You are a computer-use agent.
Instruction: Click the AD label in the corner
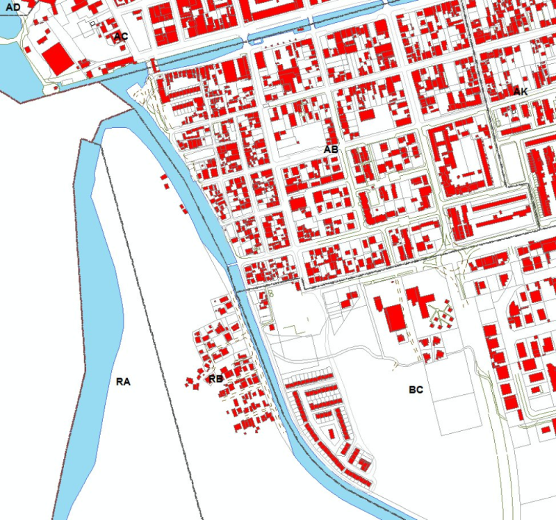[13, 6]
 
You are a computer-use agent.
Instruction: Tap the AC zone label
[121, 36]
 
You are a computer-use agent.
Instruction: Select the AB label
[331, 149]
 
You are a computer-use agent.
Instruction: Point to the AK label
[521, 92]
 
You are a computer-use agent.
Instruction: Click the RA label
[124, 382]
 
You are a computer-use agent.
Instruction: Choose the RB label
[215, 379]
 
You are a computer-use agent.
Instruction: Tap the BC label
[416, 389]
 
